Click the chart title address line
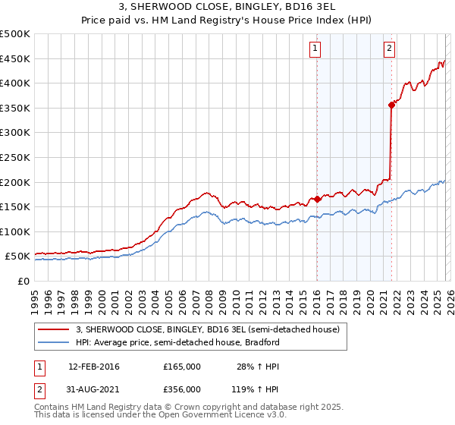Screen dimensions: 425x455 coord(227,7)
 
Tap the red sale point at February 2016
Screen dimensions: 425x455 coord(316,200)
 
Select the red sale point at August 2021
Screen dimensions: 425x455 coord(391,105)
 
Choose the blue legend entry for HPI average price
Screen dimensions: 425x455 coord(177,342)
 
